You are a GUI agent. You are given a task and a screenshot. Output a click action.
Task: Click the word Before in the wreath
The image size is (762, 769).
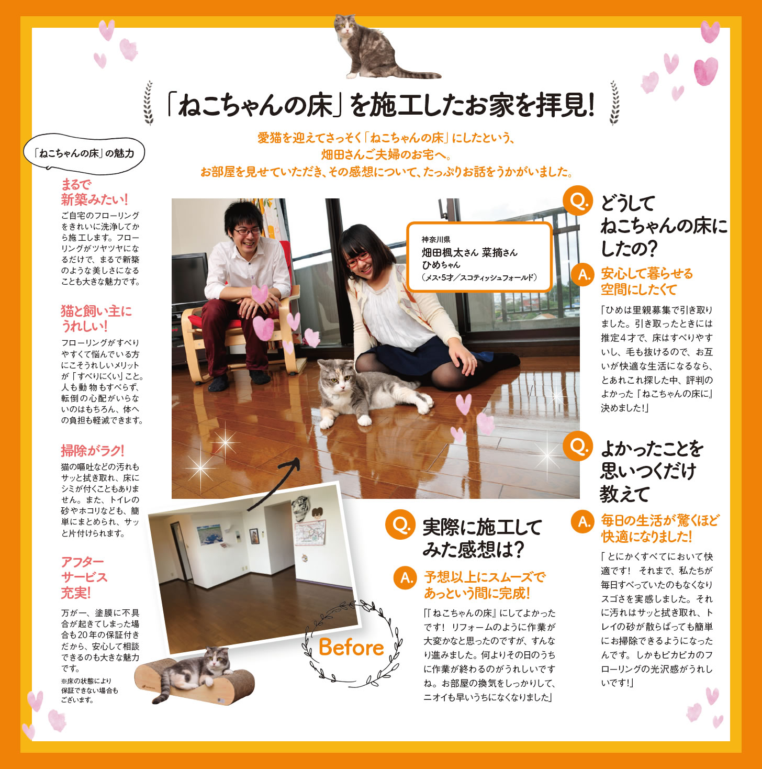[x=351, y=647]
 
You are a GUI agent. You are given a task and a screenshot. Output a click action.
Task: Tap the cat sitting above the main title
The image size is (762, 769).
[x=375, y=48]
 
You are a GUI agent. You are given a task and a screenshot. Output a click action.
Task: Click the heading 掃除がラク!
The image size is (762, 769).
[x=93, y=451]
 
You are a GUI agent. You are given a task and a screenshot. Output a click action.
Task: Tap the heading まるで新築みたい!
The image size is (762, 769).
[x=94, y=192]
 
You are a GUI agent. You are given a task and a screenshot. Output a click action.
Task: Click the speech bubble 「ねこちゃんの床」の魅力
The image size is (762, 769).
[x=84, y=153]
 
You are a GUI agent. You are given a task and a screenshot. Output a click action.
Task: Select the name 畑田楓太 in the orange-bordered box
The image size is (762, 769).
[x=442, y=253]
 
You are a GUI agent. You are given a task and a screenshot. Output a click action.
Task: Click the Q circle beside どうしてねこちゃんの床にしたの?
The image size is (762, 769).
[x=578, y=200]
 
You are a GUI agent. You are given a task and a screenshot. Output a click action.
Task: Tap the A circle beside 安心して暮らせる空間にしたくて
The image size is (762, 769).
[x=584, y=274]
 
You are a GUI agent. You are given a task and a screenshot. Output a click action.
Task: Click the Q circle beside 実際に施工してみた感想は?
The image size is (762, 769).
[x=400, y=525]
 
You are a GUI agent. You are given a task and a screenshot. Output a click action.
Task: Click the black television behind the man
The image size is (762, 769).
[x=189, y=281]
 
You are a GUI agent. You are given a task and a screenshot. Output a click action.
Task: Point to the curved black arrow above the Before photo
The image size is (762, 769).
[x=273, y=484]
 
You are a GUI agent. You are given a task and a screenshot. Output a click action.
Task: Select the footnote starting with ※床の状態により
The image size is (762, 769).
[x=89, y=690]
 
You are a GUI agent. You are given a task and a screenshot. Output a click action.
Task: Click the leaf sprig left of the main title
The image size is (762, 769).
[x=149, y=103]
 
